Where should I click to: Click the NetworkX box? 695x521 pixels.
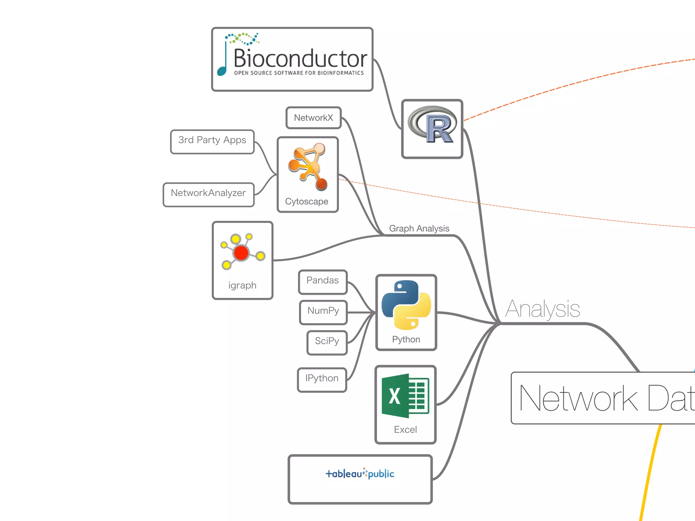point(313,118)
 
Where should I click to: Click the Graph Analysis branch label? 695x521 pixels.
point(419,228)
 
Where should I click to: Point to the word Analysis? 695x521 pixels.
point(542,309)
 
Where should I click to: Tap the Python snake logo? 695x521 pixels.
point(406,305)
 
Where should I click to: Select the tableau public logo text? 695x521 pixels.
point(360,474)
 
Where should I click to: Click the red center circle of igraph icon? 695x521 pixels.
point(241,253)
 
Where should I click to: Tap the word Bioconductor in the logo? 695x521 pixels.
point(300,58)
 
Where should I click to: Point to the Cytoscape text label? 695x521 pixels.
point(306,201)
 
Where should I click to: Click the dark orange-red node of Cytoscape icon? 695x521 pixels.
point(321,184)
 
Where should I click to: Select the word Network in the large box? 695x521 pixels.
point(578,399)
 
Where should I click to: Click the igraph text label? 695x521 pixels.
point(242,286)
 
